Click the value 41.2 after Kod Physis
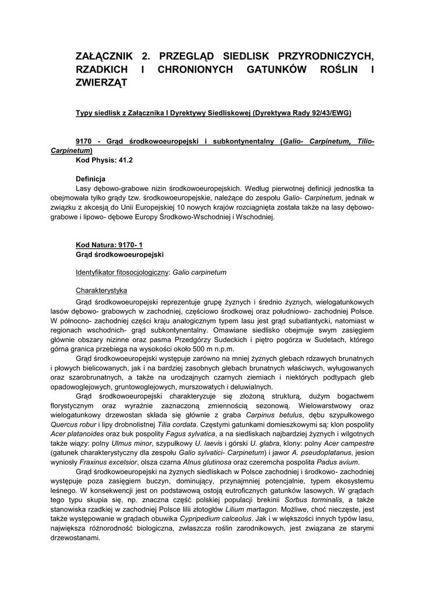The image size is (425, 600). (125, 159)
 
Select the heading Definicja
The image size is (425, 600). (90, 178)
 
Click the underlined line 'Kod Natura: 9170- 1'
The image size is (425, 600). (110, 245)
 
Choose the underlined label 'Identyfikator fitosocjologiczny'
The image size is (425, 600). (121, 272)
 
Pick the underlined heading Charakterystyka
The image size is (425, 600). (101, 291)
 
